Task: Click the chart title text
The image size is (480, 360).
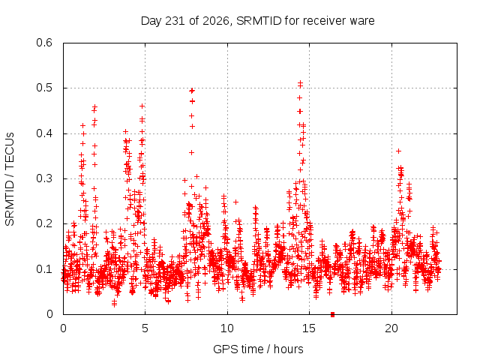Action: (x=257, y=21)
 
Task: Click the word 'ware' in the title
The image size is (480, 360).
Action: (x=362, y=21)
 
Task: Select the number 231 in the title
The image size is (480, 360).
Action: (x=175, y=21)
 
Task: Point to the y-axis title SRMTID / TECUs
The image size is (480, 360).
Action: (x=10, y=179)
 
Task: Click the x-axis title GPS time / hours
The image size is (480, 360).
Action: (x=258, y=349)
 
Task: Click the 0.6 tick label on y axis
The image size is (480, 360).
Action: (x=44, y=43)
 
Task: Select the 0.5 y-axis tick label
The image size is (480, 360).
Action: (x=44, y=88)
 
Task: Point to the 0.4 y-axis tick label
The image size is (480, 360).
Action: (x=44, y=133)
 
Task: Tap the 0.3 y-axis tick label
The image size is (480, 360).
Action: (x=44, y=178)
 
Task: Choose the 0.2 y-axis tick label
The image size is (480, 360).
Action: (x=44, y=223)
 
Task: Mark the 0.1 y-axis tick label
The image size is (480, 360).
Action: (x=44, y=269)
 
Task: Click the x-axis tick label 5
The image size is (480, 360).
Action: (x=145, y=328)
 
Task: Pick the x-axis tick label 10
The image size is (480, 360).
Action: (x=227, y=328)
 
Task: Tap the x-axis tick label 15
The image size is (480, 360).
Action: (x=309, y=328)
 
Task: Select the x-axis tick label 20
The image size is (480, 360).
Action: (x=391, y=328)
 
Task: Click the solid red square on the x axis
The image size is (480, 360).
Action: (x=333, y=314)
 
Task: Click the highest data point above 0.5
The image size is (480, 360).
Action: (x=300, y=82)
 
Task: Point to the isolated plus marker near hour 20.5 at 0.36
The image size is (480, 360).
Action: (x=398, y=151)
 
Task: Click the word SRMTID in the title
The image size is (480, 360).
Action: (x=259, y=21)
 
